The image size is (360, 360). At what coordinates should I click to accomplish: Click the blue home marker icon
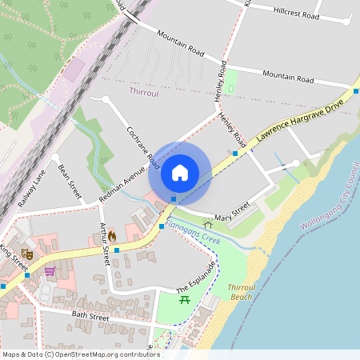(x=180, y=173)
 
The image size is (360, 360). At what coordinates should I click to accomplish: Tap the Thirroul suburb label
(x=144, y=92)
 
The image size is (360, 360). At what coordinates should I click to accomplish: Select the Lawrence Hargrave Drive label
(x=301, y=121)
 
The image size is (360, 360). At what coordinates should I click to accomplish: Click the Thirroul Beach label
(x=241, y=291)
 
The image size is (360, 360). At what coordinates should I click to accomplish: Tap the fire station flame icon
(x=112, y=237)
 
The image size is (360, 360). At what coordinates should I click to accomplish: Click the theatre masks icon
(x=26, y=254)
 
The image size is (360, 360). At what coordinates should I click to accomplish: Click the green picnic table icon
(x=185, y=300)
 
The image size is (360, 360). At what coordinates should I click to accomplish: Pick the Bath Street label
(x=90, y=318)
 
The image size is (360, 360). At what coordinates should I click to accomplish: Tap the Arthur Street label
(x=103, y=244)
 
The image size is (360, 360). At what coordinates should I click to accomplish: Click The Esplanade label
(x=196, y=278)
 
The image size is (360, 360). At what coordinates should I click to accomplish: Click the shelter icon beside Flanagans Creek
(x=208, y=226)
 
